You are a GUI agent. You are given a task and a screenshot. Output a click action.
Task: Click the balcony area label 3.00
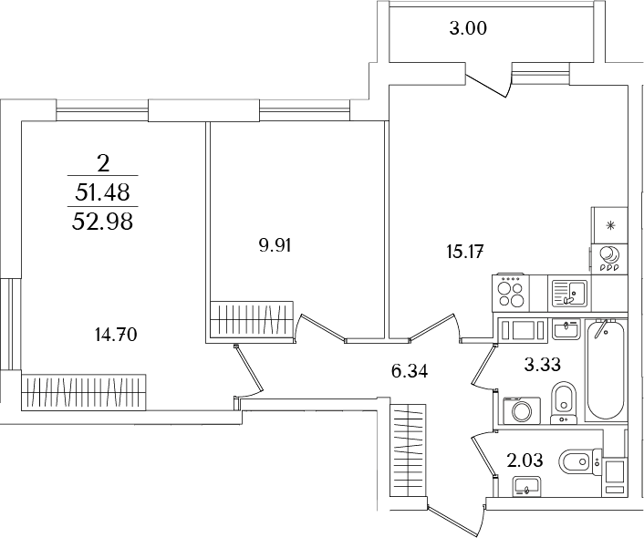point(468,29)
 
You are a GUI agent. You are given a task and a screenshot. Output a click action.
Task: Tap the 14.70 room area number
point(116,336)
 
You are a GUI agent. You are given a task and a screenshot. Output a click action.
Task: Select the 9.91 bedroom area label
point(275,246)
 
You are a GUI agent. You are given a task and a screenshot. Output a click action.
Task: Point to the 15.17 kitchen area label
point(464,252)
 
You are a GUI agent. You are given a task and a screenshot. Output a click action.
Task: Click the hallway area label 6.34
point(410,372)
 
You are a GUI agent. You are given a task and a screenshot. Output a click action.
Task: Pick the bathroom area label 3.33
point(543,364)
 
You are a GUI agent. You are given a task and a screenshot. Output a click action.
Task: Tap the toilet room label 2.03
point(525,460)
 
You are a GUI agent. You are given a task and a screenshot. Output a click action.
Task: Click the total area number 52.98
point(103,222)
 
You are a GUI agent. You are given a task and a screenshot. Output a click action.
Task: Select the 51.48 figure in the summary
point(103,191)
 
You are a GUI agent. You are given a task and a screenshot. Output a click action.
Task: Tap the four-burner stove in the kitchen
point(511,293)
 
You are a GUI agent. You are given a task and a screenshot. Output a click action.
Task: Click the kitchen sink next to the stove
point(570,294)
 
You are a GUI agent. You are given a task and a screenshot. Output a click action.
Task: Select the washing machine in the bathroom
point(522,409)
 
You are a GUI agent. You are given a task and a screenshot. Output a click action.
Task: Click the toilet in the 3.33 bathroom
point(565,401)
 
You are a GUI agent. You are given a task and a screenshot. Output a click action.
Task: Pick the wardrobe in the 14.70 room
point(84,392)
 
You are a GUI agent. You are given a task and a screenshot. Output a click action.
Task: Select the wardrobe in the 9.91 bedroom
point(252,320)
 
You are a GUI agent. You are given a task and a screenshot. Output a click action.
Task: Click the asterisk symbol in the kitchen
point(611,224)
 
